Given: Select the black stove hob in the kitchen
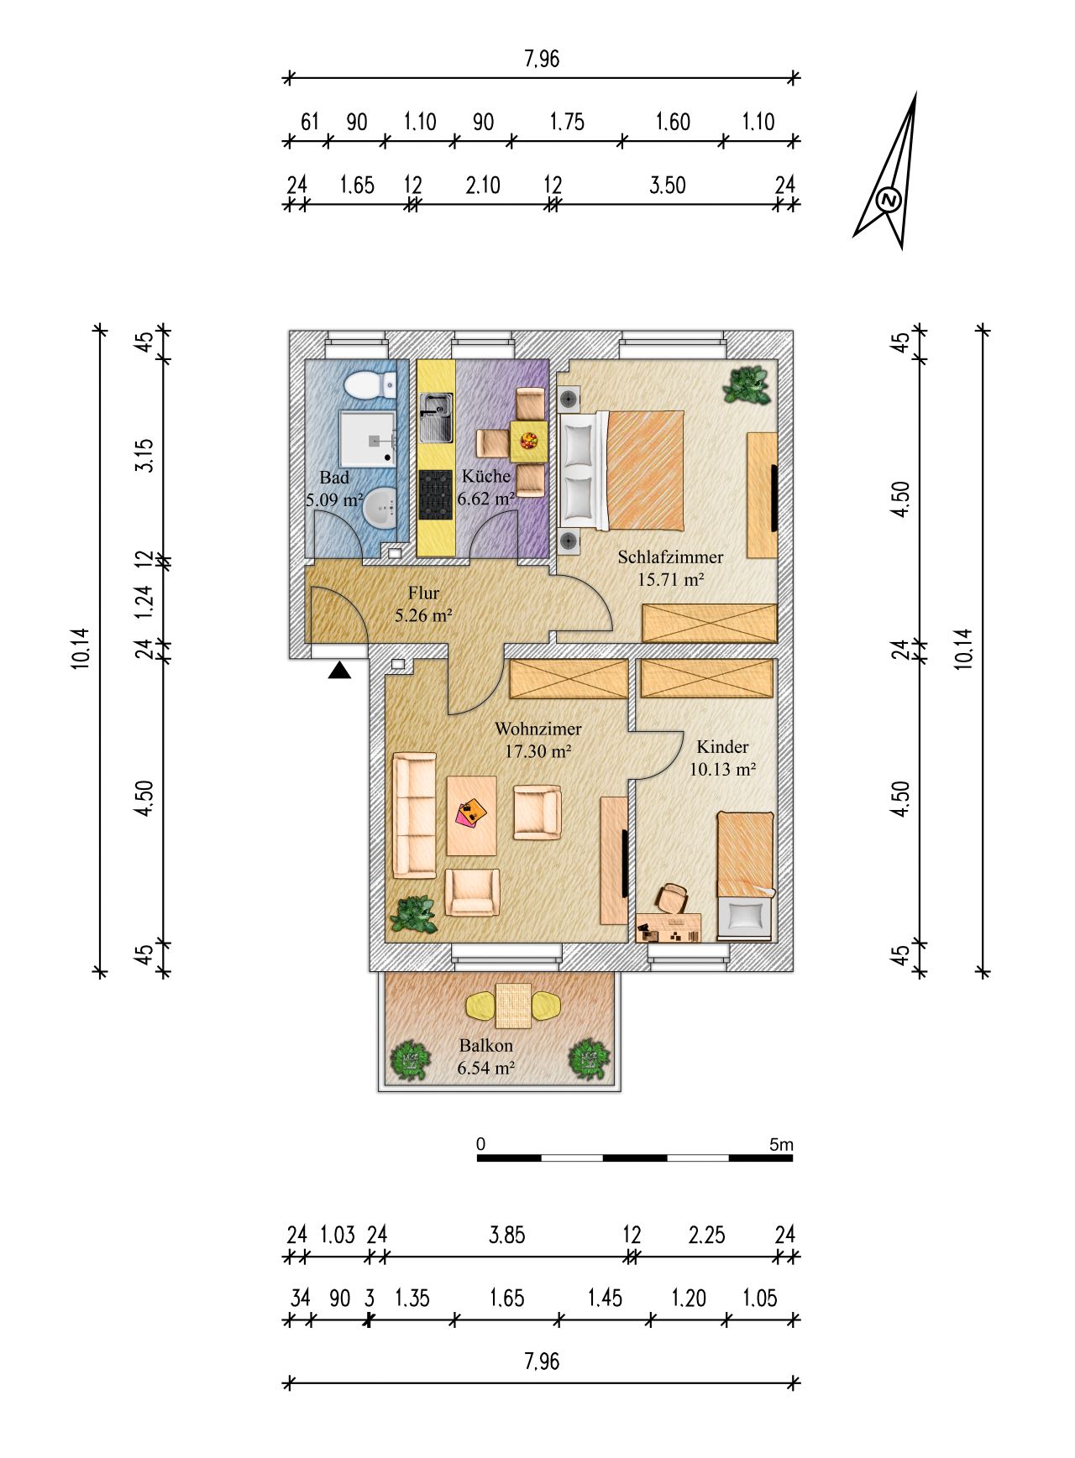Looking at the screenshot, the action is pos(435,494).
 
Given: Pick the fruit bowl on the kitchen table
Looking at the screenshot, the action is pos(529,440).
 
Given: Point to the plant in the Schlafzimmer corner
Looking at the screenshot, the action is pos(748,385).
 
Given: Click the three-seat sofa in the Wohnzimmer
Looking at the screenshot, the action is pos(415,815).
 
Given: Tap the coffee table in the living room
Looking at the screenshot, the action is pos(471,815).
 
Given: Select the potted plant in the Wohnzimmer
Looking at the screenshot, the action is pos(414,915).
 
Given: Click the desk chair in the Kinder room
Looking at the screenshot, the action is pos(673,897).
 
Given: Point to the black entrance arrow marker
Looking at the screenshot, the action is pos(339,670).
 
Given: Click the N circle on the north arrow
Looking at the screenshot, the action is pos(889,200).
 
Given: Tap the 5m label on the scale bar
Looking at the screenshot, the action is pos(781,1144).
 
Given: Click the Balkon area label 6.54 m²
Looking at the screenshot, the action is pos(485,1069).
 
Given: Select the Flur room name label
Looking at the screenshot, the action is pos(423,593).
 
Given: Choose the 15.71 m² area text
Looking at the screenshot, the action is pos(670,578).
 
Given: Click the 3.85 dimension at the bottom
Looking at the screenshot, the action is pos(507,1235).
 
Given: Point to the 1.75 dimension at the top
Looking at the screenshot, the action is pos(567,122).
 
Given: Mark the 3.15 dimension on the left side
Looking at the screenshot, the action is pos(144,454).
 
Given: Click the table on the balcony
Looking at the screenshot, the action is pos(513,1006).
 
